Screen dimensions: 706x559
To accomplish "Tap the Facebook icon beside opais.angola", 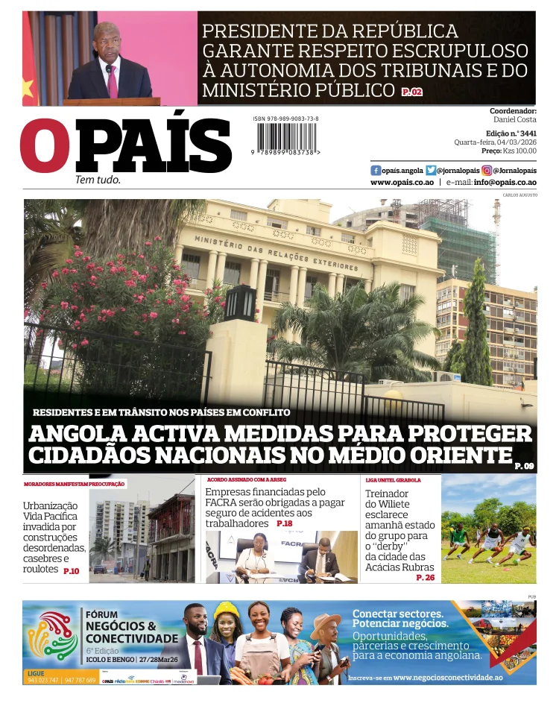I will point(376,170).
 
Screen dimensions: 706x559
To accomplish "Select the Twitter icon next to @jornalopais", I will point(431,170).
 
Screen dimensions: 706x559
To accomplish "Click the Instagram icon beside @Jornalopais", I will point(487,170).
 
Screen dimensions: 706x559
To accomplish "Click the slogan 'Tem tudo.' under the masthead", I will point(98,180).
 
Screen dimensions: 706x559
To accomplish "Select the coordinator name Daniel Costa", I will point(514,119).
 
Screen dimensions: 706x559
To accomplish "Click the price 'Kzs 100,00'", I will point(519,151).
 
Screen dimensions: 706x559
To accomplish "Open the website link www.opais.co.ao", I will point(402,182).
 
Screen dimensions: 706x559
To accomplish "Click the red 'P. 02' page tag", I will point(411,92).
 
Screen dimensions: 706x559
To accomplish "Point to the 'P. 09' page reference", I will point(524,466).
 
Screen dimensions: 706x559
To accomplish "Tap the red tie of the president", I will point(113,81).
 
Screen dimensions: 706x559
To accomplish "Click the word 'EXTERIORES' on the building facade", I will point(334,264).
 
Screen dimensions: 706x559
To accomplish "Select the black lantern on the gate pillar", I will point(240,302).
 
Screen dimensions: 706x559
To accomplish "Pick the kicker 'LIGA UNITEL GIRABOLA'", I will point(393,480).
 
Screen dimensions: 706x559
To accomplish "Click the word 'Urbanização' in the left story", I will point(50,505).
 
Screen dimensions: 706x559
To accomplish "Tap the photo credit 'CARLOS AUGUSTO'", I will point(519,195).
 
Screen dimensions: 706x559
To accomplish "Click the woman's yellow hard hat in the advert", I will point(226,611).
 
